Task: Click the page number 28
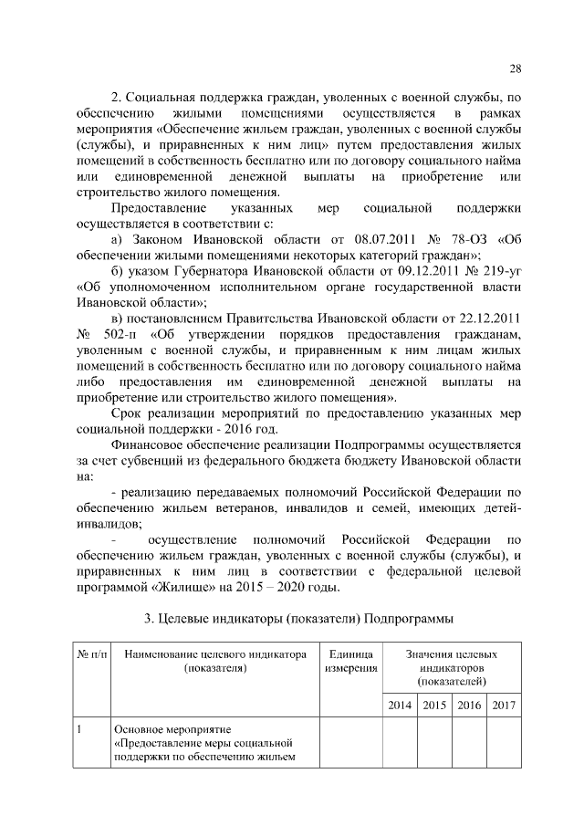[516, 69]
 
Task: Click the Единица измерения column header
[351, 662]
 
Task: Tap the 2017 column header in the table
[504, 706]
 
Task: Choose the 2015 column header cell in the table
[434, 706]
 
